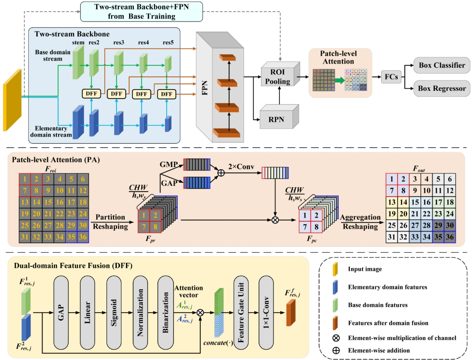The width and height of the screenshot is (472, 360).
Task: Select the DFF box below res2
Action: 91,94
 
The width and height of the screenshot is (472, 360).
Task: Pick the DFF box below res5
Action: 167,94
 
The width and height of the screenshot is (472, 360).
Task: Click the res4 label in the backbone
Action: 144,43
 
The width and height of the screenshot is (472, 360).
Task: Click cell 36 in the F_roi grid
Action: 82,237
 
